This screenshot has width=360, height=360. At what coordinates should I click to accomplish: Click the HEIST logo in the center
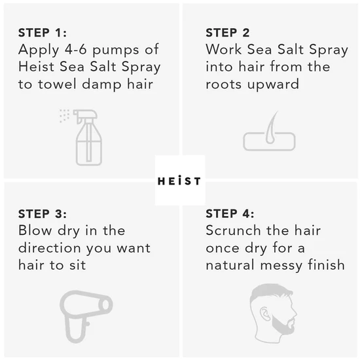click(179, 181)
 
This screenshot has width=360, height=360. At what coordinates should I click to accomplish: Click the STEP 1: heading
click(43, 33)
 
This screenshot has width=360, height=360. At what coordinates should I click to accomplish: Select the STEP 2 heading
click(228, 33)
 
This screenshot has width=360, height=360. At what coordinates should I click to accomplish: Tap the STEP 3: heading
click(43, 214)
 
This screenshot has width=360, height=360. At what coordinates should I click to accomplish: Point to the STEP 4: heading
click(230, 214)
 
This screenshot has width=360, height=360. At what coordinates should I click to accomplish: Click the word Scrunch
click(234, 231)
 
